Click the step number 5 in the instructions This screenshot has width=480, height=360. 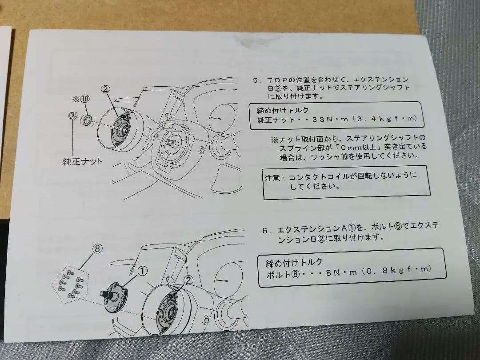[256, 80]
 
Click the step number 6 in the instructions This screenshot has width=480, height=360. [264, 230]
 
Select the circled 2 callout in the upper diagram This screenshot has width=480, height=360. [105, 89]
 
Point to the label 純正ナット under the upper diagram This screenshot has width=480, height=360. [82, 161]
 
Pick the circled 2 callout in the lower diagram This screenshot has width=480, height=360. [188, 280]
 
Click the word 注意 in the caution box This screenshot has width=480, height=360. [273, 178]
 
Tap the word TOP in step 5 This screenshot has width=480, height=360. [279, 80]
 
